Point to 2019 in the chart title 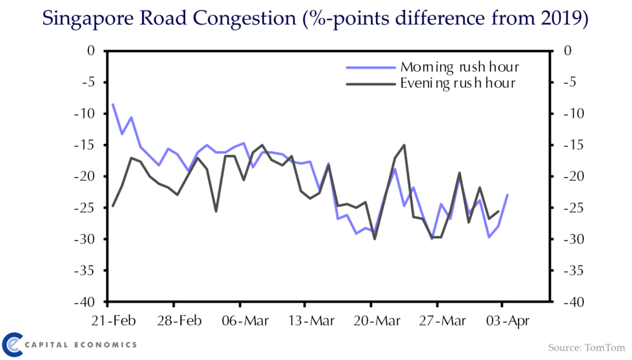(x=561, y=18)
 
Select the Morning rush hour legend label (x=459, y=67)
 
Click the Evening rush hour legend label (x=457, y=83)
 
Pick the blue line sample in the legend (x=371, y=68)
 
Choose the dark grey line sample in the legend (x=371, y=84)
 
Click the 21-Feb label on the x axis (x=114, y=320)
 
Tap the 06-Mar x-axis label (x=245, y=320)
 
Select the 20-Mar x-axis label (x=377, y=320)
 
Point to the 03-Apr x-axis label (x=508, y=321)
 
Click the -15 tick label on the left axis (x=85, y=144)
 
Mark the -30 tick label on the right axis (x=574, y=239)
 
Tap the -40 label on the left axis (x=85, y=302)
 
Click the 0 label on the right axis (x=568, y=51)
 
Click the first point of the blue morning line (x=113, y=104)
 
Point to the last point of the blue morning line (x=507, y=195)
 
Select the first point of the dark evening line (x=113, y=206)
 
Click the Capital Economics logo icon (x=12, y=345)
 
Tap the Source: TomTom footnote (x=586, y=348)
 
